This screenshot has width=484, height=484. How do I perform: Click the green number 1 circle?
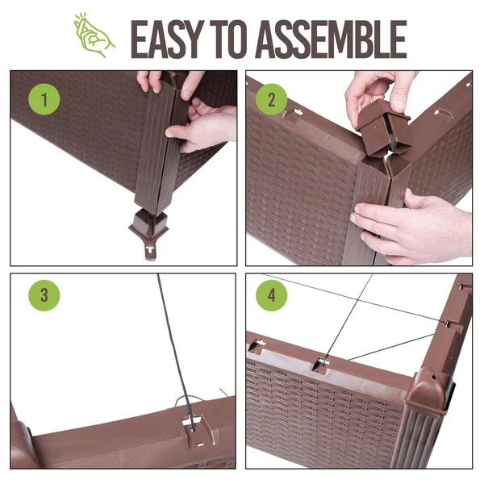click(x=44, y=99)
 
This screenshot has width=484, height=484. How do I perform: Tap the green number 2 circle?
click(x=271, y=99)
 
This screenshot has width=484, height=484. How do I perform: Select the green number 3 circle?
click(x=44, y=295)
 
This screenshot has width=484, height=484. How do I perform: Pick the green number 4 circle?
click(x=271, y=295)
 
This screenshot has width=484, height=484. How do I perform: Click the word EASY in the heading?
click(x=167, y=40)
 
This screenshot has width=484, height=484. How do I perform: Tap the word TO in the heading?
click(x=228, y=40)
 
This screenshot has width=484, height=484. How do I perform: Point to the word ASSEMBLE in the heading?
click(x=331, y=40)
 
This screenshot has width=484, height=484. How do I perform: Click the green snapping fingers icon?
click(x=94, y=35)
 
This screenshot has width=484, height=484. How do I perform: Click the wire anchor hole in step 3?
click(x=194, y=429)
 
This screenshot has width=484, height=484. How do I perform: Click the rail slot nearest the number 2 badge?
click(x=294, y=115)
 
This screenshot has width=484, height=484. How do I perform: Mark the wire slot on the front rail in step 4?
click(x=321, y=365)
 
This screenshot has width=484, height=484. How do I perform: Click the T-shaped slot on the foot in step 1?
click(x=150, y=249)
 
